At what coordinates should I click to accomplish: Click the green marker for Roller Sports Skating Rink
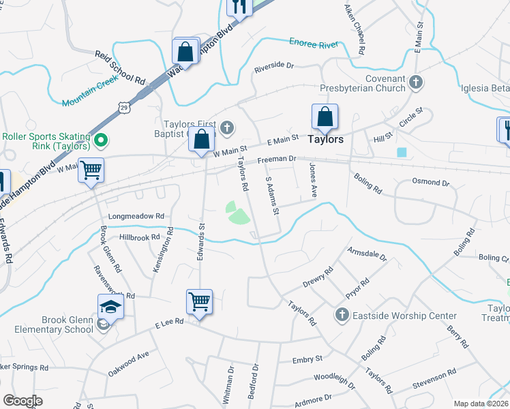click(101, 141)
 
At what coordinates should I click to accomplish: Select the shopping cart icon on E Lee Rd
click(199, 300)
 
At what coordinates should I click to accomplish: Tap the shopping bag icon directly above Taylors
click(325, 117)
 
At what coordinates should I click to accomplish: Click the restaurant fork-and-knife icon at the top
click(239, 7)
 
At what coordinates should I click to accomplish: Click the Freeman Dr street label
click(276, 161)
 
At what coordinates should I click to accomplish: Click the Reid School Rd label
click(121, 67)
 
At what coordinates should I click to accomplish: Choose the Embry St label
click(307, 359)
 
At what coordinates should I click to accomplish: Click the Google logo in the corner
click(22, 400)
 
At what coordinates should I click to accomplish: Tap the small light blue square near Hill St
click(402, 152)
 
